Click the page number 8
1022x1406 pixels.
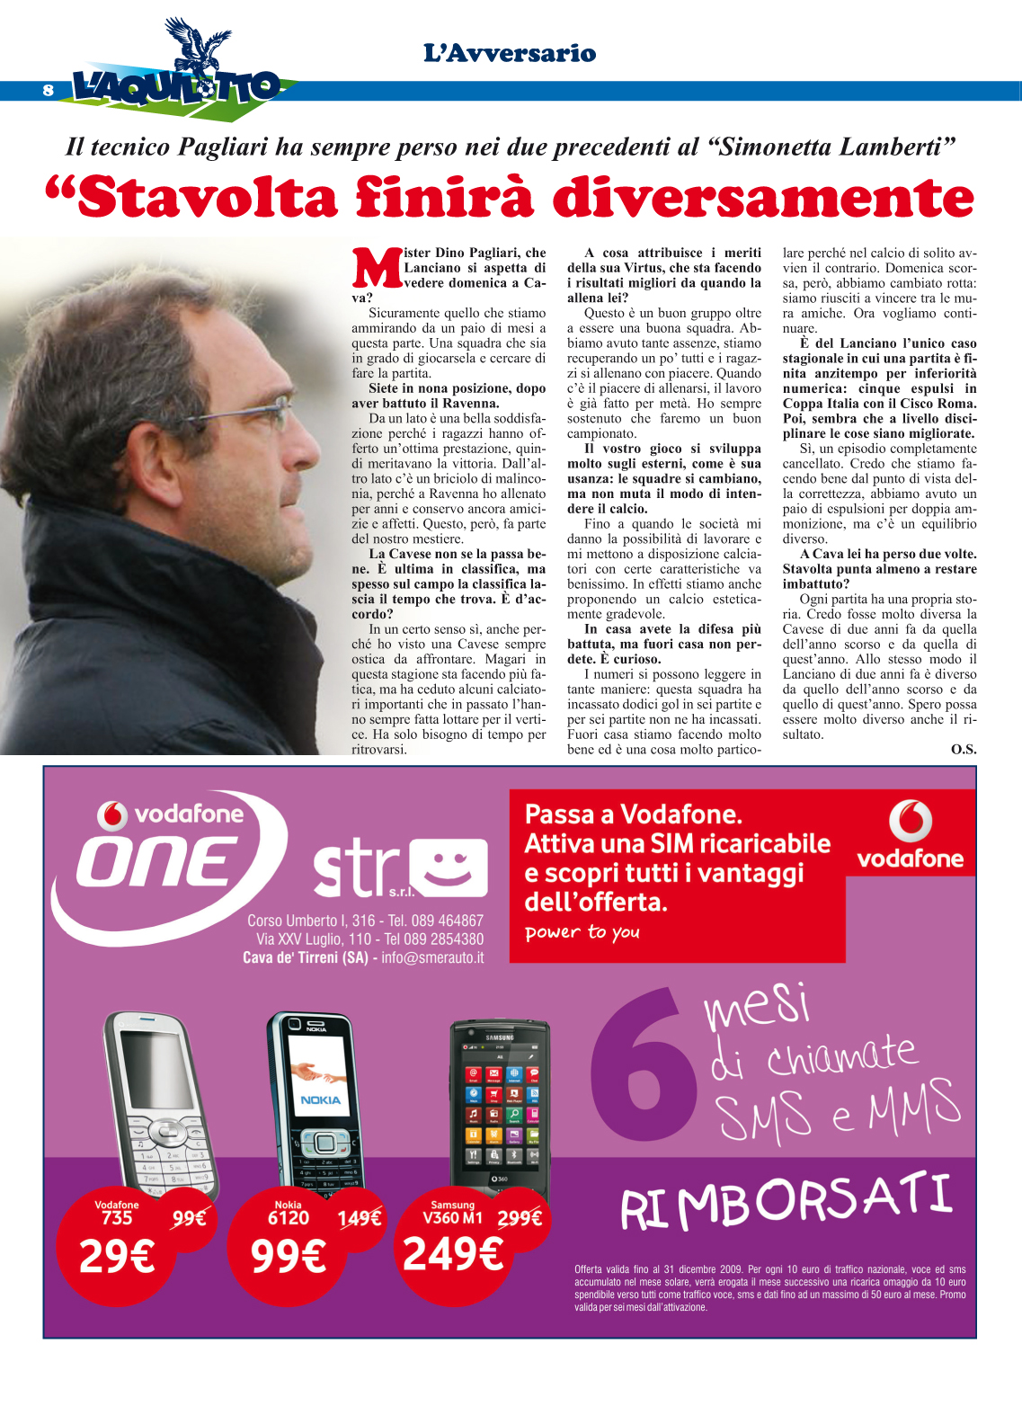pyautogui.click(x=48, y=90)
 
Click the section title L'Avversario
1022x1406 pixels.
pyautogui.click(x=510, y=54)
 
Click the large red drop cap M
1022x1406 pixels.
pyautogui.click(x=377, y=268)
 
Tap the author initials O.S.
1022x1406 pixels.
pyautogui.click(x=963, y=749)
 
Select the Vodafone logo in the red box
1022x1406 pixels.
pyautogui.click(x=910, y=833)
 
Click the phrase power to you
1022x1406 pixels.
pyautogui.click(x=582, y=932)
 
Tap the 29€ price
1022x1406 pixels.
pyautogui.click(x=117, y=1255)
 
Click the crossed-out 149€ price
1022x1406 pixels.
pyautogui.click(x=360, y=1218)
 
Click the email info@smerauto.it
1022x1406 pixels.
pyautogui.click(x=432, y=957)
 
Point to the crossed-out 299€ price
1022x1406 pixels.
pyautogui.click(x=520, y=1218)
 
